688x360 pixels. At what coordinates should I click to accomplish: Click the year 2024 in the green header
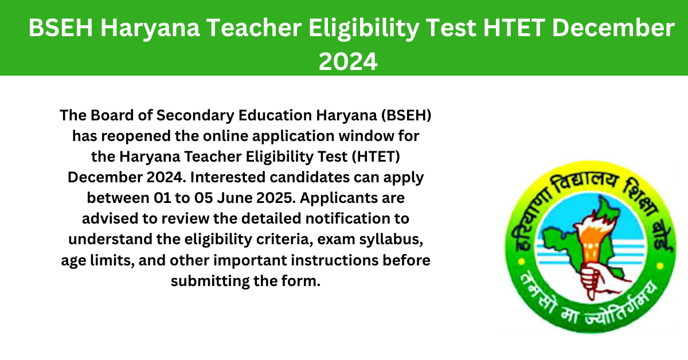pyautogui.click(x=348, y=61)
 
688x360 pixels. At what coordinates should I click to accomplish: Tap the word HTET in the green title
pyautogui.click(x=514, y=28)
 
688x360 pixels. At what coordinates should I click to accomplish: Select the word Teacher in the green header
pyautogui.click(x=253, y=28)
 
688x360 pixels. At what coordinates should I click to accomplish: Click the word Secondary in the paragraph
pyautogui.click(x=196, y=115)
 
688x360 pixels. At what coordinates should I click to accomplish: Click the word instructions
pyautogui.click(x=334, y=260)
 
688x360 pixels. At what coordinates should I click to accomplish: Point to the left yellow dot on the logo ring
pyautogui.click(x=521, y=262)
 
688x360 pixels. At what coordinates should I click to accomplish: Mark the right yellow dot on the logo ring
pyautogui.click(x=659, y=265)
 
